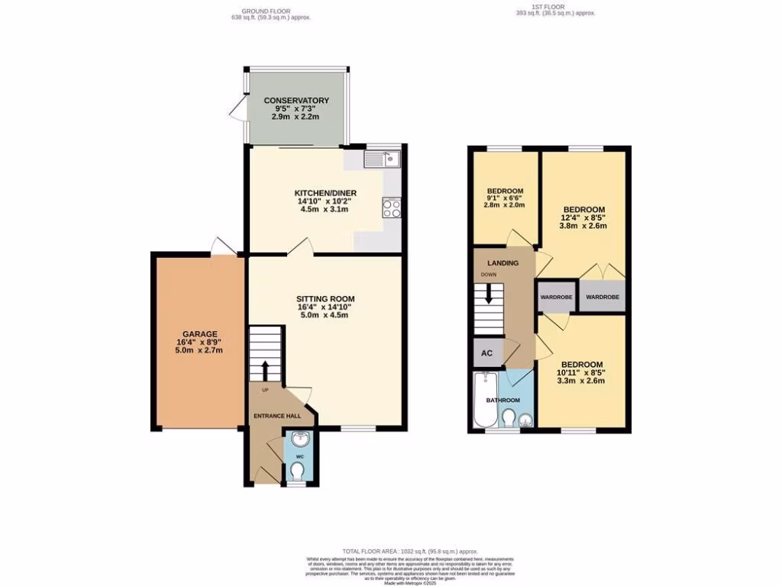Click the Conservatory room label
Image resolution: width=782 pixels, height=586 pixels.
pos(296,101)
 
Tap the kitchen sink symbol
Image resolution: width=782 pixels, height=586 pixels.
pos(383,159)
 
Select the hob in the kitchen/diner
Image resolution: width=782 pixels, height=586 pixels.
pos(392,208)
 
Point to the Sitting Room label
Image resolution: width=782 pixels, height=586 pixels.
pos(325,298)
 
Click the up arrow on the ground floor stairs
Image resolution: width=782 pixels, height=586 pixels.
pos(266,370)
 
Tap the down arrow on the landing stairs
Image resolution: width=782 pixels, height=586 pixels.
pos(489,294)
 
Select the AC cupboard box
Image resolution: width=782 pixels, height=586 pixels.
pos(486,353)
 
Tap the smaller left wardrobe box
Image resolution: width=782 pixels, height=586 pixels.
pos(556,297)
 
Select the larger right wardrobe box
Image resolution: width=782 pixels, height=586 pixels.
pos(603,297)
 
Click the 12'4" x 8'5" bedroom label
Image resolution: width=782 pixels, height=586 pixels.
pos(584,210)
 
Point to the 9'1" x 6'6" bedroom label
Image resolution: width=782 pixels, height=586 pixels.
pos(505,191)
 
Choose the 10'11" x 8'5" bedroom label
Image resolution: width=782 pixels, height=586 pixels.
pos(581,364)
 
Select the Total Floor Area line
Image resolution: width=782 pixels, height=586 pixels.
pos(409,550)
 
